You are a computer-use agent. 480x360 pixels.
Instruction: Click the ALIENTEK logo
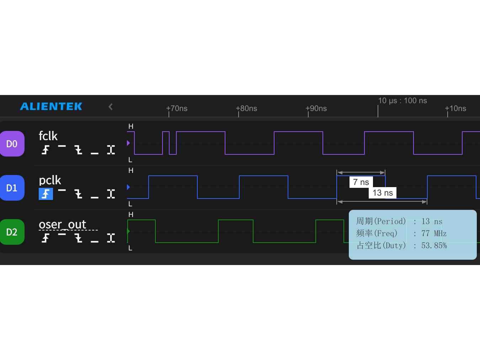coord(51,106)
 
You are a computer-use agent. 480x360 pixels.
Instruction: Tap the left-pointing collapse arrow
coord(111,107)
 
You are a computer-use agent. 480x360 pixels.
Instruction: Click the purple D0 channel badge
coord(12,144)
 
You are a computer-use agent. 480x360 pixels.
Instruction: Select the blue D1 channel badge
coord(12,188)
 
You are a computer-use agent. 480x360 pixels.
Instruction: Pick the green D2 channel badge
coord(12,232)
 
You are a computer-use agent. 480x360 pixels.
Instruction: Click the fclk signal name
coord(48,136)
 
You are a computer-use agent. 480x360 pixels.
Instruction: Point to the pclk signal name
coord(50,180)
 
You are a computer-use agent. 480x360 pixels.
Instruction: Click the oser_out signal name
coord(63,224)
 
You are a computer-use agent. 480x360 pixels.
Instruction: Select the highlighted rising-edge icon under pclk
coord(46,194)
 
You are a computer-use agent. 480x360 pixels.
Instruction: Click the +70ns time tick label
coord(177,108)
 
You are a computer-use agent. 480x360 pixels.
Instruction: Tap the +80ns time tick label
coord(246,108)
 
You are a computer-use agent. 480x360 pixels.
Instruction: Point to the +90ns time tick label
coord(316,108)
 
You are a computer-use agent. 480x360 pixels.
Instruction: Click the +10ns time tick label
coord(455,108)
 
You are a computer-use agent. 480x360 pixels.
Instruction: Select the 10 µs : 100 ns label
coord(402,101)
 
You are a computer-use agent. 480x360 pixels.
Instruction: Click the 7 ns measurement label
coord(361,182)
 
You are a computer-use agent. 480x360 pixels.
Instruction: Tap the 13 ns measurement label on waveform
coord(383,193)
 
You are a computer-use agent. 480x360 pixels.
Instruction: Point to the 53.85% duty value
coord(434,245)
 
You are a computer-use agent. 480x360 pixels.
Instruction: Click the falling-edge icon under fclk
coord(78,150)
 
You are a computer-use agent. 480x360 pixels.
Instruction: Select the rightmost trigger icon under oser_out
coord(111,238)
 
